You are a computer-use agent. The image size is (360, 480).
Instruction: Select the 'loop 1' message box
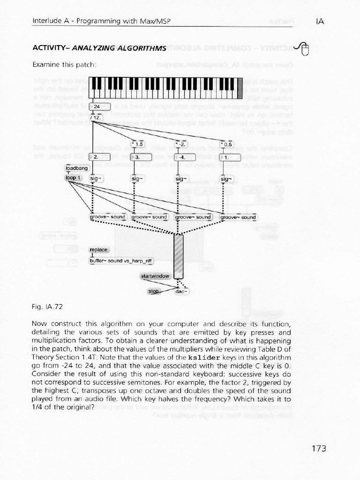(x=74, y=178)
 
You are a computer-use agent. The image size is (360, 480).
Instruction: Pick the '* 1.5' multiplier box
(x=139, y=144)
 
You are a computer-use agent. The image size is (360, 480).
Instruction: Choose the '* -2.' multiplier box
(x=181, y=144)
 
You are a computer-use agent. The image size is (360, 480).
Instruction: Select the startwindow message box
(x=155, y=276)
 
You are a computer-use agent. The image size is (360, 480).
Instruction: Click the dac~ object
(x=181, y=291)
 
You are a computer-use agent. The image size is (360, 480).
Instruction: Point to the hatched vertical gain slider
(x=179, y=256)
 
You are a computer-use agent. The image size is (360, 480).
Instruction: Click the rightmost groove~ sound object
(x=239, y=217)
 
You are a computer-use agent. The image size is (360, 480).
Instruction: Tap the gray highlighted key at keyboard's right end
(x=240, y=88)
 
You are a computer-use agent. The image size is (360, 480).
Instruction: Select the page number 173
(x=318, y=449)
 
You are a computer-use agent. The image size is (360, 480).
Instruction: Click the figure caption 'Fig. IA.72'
(x=47, y=307)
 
